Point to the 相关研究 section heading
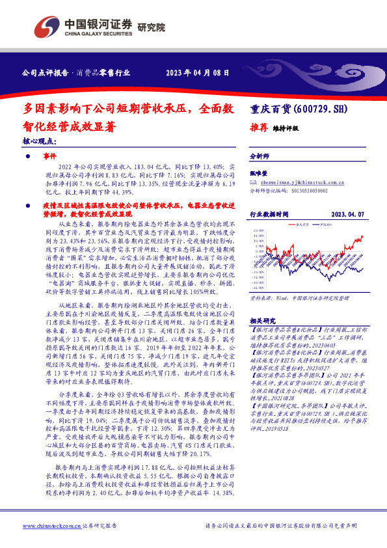[x=263, y=322]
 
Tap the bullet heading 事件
[x=51, y=157]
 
